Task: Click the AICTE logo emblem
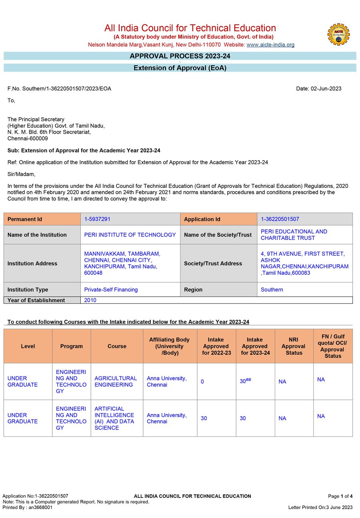coord(338,34)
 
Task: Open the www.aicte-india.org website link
coord(270,45)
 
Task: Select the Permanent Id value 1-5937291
coord(97,219)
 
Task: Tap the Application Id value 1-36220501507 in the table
coord(280,219)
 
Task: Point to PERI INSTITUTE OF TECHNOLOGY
coord(130,235)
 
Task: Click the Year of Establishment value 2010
coord(90,300)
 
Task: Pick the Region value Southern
coord(272,289)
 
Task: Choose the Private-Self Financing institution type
coord(111,289)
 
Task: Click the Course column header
coord(117,346)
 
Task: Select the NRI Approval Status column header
coord(293,346)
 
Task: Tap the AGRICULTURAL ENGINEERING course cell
coord(116,381)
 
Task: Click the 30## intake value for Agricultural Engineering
coord(245,381)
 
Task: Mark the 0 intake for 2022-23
coord(202,382)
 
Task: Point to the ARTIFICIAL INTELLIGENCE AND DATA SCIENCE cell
coord(114,418)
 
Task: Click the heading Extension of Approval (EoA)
coord(180,68)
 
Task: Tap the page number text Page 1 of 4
coord(340,496)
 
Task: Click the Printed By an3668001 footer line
coord(27,508)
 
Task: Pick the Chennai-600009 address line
coord(28,139)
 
